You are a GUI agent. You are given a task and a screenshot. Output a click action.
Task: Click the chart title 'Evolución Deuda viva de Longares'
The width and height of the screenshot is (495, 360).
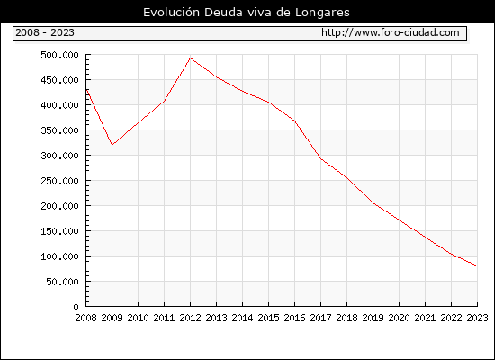pos(247,13)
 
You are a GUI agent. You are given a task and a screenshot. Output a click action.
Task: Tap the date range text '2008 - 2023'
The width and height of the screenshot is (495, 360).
pos(45,32)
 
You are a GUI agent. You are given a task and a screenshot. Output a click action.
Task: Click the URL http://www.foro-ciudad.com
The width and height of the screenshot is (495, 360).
pos(391,32)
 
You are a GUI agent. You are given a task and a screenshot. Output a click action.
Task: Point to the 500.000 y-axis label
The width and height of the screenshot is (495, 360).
pos(59,55)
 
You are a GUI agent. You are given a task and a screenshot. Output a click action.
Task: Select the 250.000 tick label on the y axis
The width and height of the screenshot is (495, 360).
pos(59,181)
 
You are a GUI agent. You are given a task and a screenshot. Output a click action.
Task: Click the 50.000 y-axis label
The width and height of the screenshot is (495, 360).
pos(62,282)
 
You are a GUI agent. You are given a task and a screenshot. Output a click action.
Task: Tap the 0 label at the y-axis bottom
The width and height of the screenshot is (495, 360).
pos(76,307)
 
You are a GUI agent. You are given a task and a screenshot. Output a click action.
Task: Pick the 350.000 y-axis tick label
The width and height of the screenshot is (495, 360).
pos(59,130)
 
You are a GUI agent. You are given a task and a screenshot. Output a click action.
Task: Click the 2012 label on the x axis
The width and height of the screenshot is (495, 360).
pos(190,318)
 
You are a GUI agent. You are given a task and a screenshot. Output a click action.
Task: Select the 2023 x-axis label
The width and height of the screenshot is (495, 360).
pos(477,318)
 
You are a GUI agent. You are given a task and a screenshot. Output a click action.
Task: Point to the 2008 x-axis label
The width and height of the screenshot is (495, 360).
pos(85,318)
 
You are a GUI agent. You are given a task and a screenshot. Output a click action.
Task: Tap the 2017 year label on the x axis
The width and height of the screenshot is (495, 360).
pos(320,318)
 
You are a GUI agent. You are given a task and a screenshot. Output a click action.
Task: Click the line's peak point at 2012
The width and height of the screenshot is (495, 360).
pos(190,58)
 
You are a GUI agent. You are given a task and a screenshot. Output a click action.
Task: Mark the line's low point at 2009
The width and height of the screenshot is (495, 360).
pos(112,145)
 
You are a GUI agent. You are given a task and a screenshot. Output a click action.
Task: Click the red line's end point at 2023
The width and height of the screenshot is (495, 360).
pos(477,266)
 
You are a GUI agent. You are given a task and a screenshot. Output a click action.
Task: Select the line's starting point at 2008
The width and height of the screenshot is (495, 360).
pos(86,90)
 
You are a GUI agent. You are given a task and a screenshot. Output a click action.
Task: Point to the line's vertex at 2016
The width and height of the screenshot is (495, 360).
pos(294,121)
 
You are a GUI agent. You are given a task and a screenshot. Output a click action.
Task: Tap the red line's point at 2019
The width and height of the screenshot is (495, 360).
pos(373,203)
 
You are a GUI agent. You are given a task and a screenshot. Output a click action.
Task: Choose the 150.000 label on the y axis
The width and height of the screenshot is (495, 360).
pos(59,231)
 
